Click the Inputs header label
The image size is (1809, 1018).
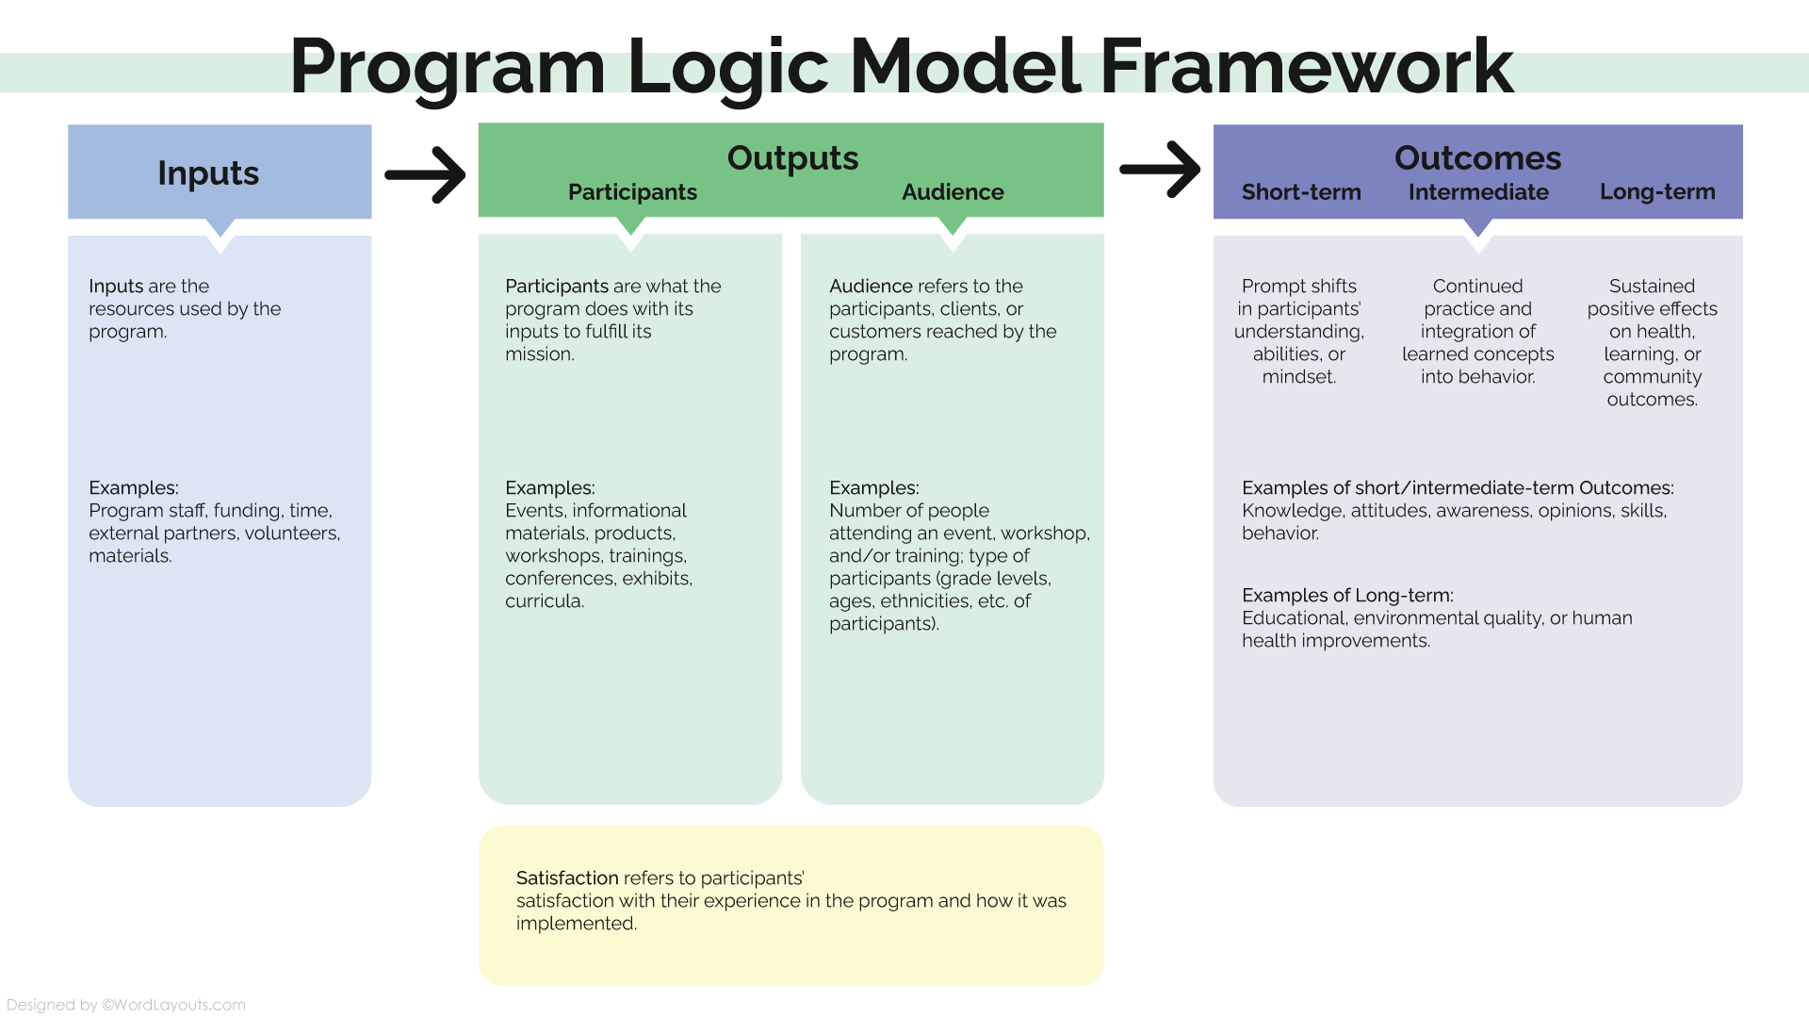208,173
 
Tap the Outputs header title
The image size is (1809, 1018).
792,158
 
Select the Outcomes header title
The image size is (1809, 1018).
1477,158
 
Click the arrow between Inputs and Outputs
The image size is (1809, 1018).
426,174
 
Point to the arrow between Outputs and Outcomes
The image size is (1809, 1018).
1160,170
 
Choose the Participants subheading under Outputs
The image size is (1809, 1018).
632,192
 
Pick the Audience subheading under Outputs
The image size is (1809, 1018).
953,192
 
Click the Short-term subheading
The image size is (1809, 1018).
1301,192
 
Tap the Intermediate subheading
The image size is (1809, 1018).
1478,192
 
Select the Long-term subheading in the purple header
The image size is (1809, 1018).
1657,192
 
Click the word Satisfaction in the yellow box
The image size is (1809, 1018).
567,878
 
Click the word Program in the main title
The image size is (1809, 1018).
447,68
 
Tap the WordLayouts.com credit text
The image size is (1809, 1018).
173,1005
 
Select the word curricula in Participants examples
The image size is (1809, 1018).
544,601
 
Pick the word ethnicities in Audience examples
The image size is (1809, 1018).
923,601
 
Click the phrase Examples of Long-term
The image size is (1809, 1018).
1347,596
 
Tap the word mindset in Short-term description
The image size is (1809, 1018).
1298,377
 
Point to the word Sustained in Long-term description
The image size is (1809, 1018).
1652,287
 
